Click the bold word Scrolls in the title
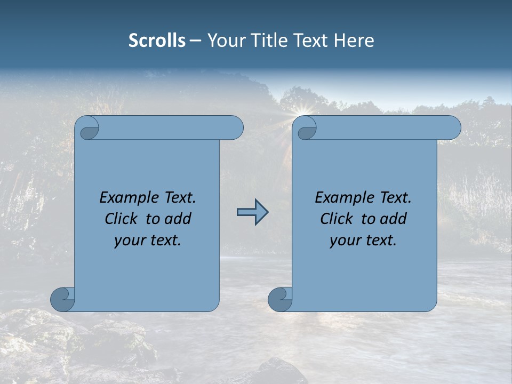pyautogui.click(x=157, y=41)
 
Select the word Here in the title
pyautogui.click(x=354, y=41)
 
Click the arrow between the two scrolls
pyautogui.click(x=252, y=213)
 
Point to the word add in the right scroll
pyautogui.click(x=394, y=219)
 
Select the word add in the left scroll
pyautogui.click(x=179, y=219)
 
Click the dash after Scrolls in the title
pyautogui.click(x=195, y=41)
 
